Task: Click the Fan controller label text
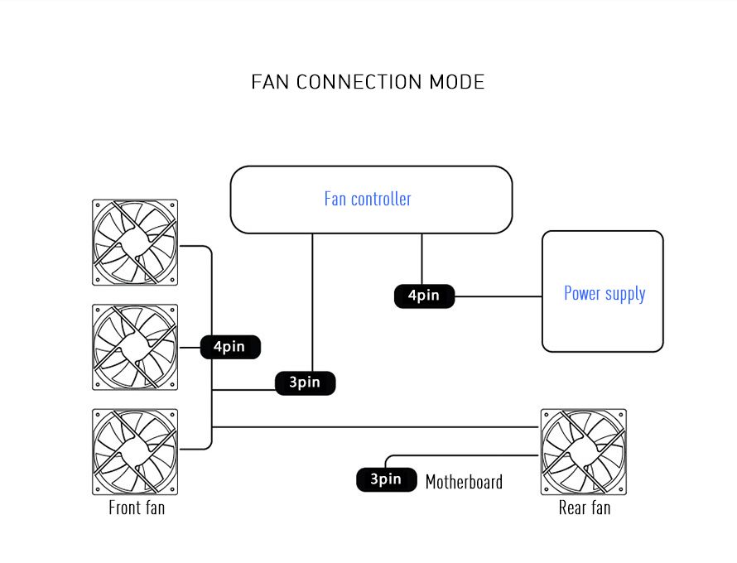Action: click(x=368, y=199)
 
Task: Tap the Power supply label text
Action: click(x=605, y=293)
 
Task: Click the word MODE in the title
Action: click(x=456, y=82)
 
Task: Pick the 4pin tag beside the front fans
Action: click(x=230, y=347)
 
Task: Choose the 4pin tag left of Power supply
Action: click(x=424, y=296)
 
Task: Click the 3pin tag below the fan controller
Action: click(x=305, y=383)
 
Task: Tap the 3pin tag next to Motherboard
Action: click(x=386, y=479)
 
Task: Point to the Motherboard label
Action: click(x=464, y=482)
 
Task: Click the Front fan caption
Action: click(x=137, y=508)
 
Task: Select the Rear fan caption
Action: click(x=585, y=508)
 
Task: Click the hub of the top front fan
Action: click(x=135, y=242)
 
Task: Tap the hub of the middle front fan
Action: click(x=135, y=347)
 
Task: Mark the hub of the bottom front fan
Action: click(x=135, y=451)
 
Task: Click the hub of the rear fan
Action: click(x=583, y=451)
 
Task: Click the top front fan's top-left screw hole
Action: click(x=98, y=205)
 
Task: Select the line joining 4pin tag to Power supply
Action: click(x=497, y=296)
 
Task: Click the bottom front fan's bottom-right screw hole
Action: click(x=172, y=488)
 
